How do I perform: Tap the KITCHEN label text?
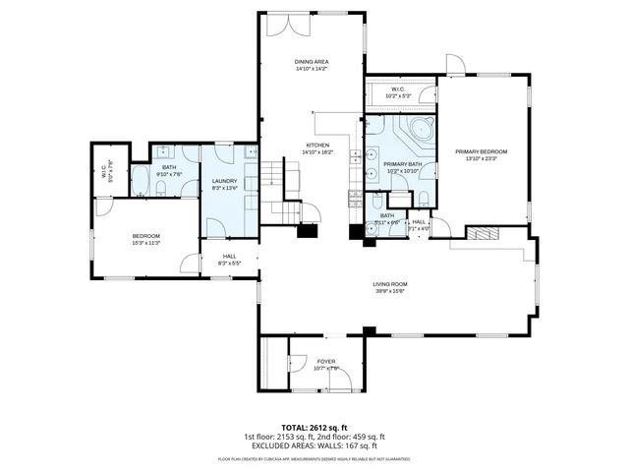[x=303, y=146]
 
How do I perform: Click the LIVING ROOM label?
[x=389, y=284]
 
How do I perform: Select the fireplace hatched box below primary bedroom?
[x=483, y=233]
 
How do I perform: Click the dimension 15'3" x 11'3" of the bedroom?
[x=146, y=243]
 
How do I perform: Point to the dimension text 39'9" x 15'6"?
[x=389, y=292]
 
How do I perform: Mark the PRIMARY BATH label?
[x=402, y=164]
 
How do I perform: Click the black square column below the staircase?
[x=308, y=232]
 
